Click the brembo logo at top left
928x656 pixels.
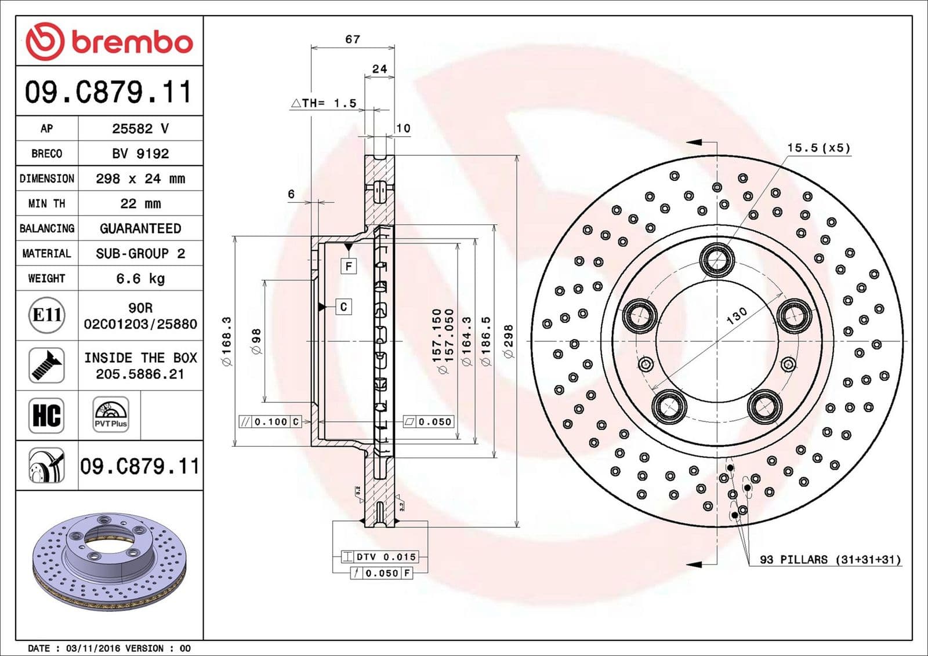(109, 42)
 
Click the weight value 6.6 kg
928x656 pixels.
(140, 279)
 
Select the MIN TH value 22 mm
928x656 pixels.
(140, 204)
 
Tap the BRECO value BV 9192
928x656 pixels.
(140, 154)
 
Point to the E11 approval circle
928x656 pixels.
(46, 315)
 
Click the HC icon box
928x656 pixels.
(46, 416)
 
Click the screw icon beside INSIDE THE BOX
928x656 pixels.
(46, 365)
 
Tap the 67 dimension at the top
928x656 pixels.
(353, 39)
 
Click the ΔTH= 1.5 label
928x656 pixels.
(324, 103)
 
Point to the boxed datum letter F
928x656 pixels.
(349, 266)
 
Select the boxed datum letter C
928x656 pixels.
(343, 307)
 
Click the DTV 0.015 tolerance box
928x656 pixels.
(380, 557)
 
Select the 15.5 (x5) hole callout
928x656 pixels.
(818, 148)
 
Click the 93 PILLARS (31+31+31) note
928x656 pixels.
(830, 560)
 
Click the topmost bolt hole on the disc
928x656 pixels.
(717, 258)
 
